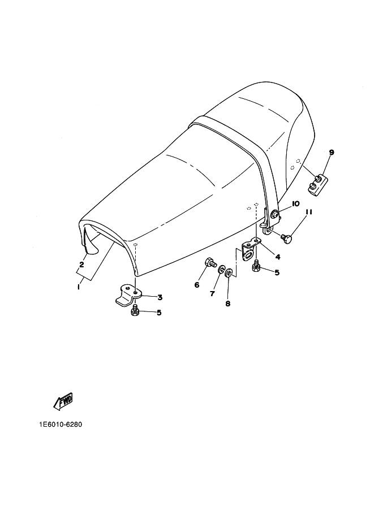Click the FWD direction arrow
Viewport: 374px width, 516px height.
63,401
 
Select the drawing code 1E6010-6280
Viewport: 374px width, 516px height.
60,424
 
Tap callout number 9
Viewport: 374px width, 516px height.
332,152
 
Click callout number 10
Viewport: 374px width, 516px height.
295,203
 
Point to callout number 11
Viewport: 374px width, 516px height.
309,213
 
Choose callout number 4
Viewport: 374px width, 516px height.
278,256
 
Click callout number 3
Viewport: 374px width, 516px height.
160,297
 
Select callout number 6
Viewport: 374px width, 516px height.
197,285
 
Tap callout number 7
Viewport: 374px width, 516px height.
212,293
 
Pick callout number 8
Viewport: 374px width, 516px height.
227,303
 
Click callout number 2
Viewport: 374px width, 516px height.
81,264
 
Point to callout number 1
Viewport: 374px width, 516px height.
79,287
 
